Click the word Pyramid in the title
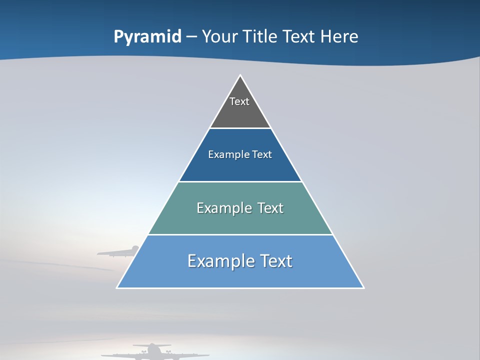[x=147, y=37]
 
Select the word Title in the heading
[x=259, y=37]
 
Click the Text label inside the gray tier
[x=239, y=101]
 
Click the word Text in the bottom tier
[x=274, y=261]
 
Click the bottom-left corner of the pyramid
[x=117, y=287]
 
